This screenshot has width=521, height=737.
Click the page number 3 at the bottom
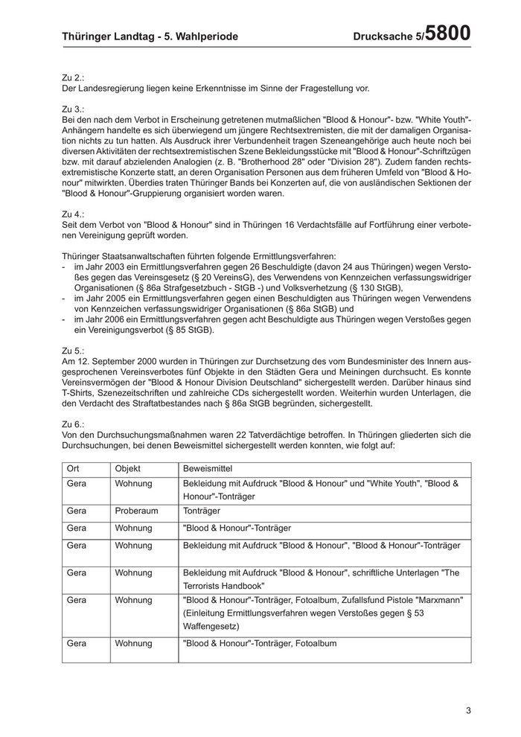point(469,710)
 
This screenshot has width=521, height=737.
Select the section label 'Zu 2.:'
point(74,77)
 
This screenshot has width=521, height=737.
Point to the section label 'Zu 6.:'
point(74,424)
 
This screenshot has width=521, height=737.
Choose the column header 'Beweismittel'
point(208,469)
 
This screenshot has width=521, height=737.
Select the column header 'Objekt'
point(128,469)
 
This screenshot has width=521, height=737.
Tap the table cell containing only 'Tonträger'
point(202,511)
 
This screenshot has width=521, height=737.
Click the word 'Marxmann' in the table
point(437,599)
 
